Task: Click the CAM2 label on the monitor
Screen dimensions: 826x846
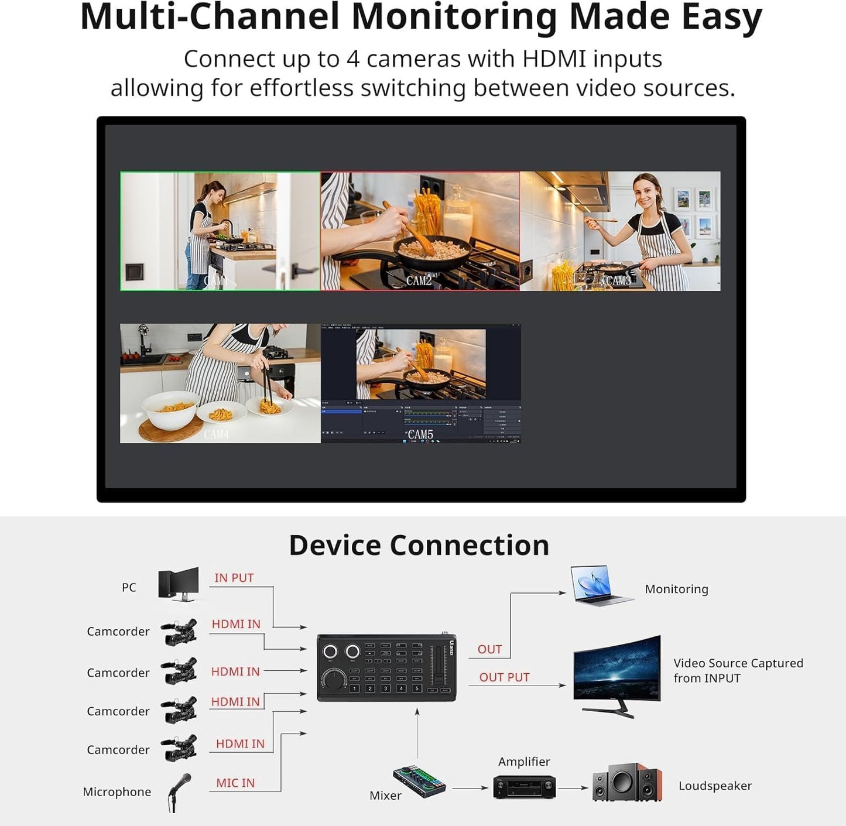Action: [x=419, y=280]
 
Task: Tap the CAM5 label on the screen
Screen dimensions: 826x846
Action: [x=420, y=434]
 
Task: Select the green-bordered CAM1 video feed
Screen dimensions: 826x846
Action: [x=220, y=231]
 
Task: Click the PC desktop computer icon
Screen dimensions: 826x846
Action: [x=178, y=584]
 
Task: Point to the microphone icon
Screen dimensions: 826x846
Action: [x=179, y=792]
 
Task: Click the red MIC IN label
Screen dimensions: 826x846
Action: [x=235, y=783]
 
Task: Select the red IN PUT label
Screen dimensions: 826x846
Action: [x=234, y=578]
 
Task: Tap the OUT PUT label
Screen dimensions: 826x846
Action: [x=504, y=677]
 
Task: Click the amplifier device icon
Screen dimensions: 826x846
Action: [x=524, y=786]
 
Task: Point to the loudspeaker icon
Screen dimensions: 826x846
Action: [x=626, y=783]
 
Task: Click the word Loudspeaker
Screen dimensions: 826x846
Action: [x=715, y=786]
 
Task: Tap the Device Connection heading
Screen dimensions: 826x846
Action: [x=419, y=545]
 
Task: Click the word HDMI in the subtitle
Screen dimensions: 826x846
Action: [x=554, y=59]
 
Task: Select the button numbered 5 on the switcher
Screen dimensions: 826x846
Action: [x=417, y=688]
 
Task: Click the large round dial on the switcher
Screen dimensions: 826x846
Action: [x=335, y=680]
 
